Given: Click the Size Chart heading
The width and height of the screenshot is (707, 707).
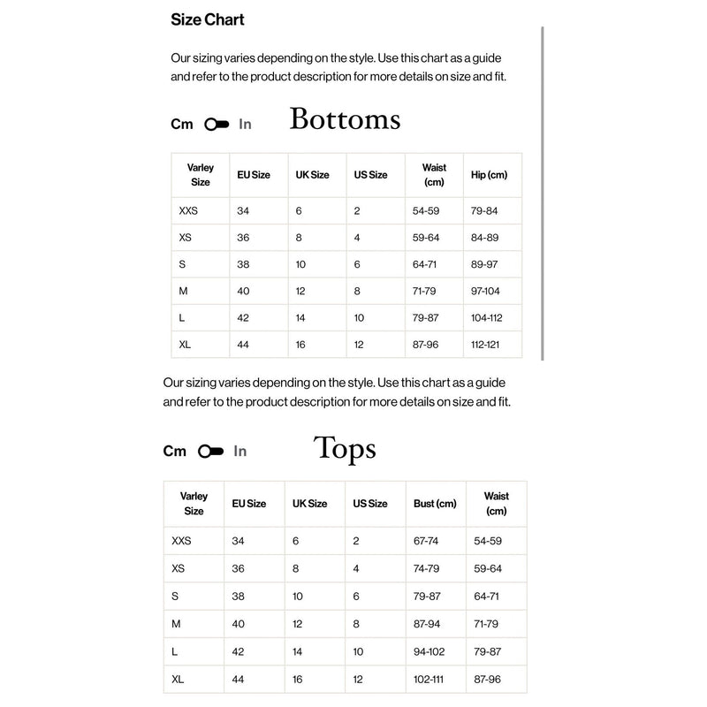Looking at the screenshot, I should click(208, 19).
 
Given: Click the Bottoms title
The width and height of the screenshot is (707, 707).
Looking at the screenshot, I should click(345, 119).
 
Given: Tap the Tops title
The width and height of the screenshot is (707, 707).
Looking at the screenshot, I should click(345, 449).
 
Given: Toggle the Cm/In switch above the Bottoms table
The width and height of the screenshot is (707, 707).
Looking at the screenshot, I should click(217, 125).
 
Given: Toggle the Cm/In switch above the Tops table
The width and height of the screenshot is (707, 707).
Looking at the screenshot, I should click(211, 452).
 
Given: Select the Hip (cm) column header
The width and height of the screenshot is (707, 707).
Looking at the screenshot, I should click(490, 175).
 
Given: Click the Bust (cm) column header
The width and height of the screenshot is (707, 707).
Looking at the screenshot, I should click(435, 504).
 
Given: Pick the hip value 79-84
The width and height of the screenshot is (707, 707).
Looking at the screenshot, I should click(484, 211).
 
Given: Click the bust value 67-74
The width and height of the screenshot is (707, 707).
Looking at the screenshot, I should click(426, 541).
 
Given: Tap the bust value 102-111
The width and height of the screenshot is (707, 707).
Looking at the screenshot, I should click(430, 680).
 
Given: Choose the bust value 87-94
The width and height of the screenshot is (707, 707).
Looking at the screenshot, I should click(426, 624).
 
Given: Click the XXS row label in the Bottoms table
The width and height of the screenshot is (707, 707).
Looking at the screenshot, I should click(188, 211).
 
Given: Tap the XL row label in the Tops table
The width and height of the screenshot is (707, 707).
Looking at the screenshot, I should click(178, 680).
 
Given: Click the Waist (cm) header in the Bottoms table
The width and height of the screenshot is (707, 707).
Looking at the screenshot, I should click(434, 175).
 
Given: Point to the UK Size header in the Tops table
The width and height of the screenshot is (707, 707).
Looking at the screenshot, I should click(309, 504).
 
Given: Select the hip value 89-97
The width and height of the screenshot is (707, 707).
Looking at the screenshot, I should click(484, 264).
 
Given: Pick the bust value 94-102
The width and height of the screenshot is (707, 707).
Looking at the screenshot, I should click(430, 651).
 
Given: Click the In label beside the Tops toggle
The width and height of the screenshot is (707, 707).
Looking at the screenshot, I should click(240, 452).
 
